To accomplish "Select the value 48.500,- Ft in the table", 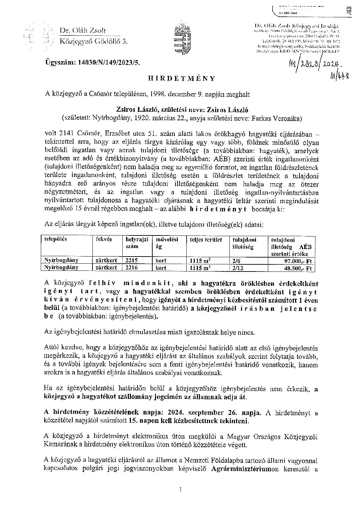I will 299,268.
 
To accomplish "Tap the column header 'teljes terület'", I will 206,240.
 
